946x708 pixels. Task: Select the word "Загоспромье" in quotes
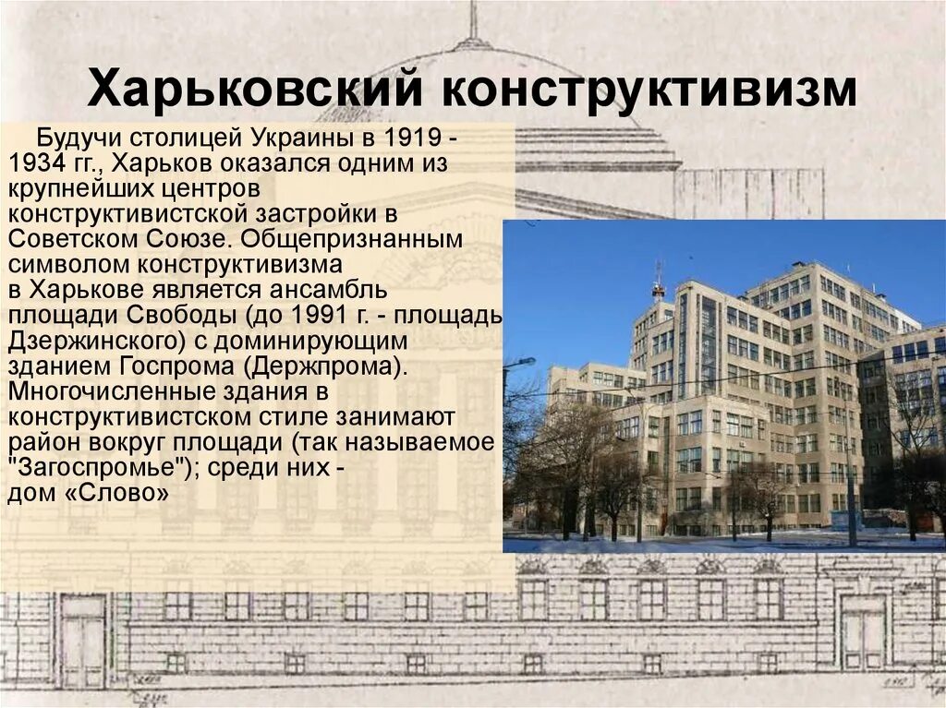pos(98,468)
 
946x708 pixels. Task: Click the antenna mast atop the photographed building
pos(659,279)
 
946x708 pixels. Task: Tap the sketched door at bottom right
pos(863,637)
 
